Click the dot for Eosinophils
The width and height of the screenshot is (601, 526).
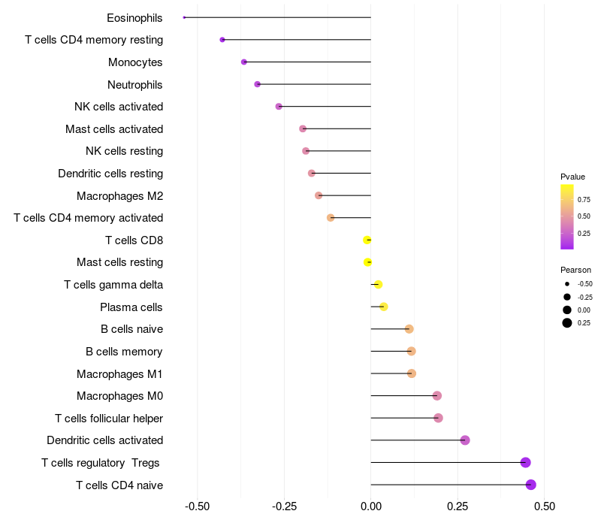coord(184,17)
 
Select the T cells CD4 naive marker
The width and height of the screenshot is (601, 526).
coord(531,485)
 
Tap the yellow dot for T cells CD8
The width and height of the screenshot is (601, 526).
coord(367,240)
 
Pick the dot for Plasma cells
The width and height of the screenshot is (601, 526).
coord(384,307)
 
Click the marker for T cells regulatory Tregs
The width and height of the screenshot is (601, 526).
coord(525,462)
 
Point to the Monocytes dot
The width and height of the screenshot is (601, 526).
coord(243,62)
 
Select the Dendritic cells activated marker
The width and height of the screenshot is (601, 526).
coord(465,440)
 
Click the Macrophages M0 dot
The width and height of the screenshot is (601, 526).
coord(437,396)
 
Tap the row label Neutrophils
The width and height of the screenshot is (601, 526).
coord(135,85)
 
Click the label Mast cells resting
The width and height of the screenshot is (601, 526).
coord(120,262)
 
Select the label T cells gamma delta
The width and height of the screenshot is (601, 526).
coord(113,285)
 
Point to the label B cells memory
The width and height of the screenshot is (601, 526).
coord(124,352)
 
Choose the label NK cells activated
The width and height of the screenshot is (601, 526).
coord(119,107)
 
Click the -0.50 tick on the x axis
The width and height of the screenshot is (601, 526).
coord(197,506)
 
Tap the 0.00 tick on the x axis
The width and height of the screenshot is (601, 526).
coord(371,506)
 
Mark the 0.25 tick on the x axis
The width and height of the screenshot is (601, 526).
coord(458,506)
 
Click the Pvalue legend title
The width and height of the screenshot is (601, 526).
coord(572,177)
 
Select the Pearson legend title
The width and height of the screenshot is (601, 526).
coord(575,270)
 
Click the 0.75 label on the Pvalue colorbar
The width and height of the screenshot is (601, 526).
coord(584,199)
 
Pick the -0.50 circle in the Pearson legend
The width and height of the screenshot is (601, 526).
coord(567,284)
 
